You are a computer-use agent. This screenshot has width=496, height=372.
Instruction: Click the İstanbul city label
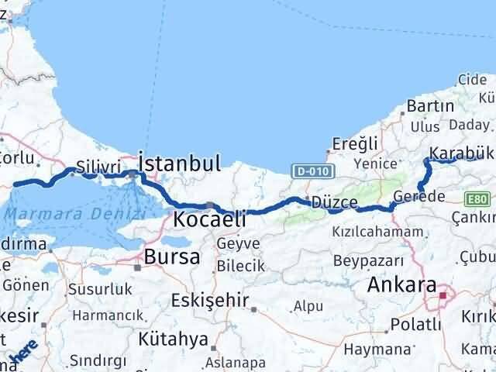click(180, 163)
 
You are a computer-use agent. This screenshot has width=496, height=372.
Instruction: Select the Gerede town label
click(418, 196)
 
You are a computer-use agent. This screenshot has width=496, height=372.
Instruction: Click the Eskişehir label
click(210, 300)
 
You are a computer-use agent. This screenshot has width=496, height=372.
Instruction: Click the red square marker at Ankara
click(443, 294)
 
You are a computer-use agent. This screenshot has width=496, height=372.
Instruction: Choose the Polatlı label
click(416, 322)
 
